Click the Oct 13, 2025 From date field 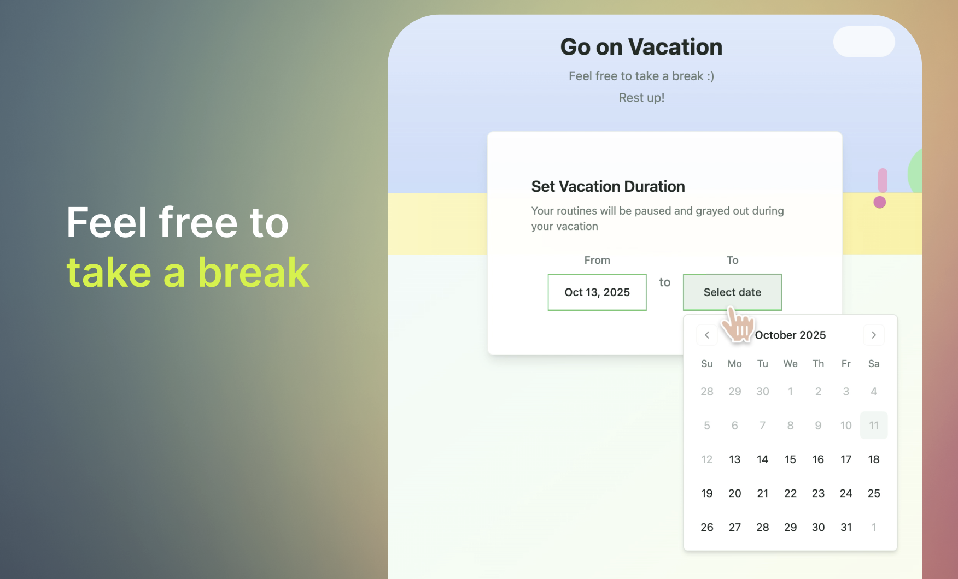597,292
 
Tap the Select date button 732,292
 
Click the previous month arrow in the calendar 707,335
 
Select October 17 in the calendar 846,459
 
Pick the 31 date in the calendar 846,527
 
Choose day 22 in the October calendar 790,493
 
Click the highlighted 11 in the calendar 874,426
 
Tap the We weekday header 790,364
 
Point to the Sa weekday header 874,364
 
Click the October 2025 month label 790,335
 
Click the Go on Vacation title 641,47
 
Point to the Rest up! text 641,98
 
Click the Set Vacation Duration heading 608,186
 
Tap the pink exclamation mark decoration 881,188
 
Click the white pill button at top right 864,42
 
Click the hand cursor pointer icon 738,325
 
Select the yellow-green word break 254,272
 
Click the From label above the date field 597,261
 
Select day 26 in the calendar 707,527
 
